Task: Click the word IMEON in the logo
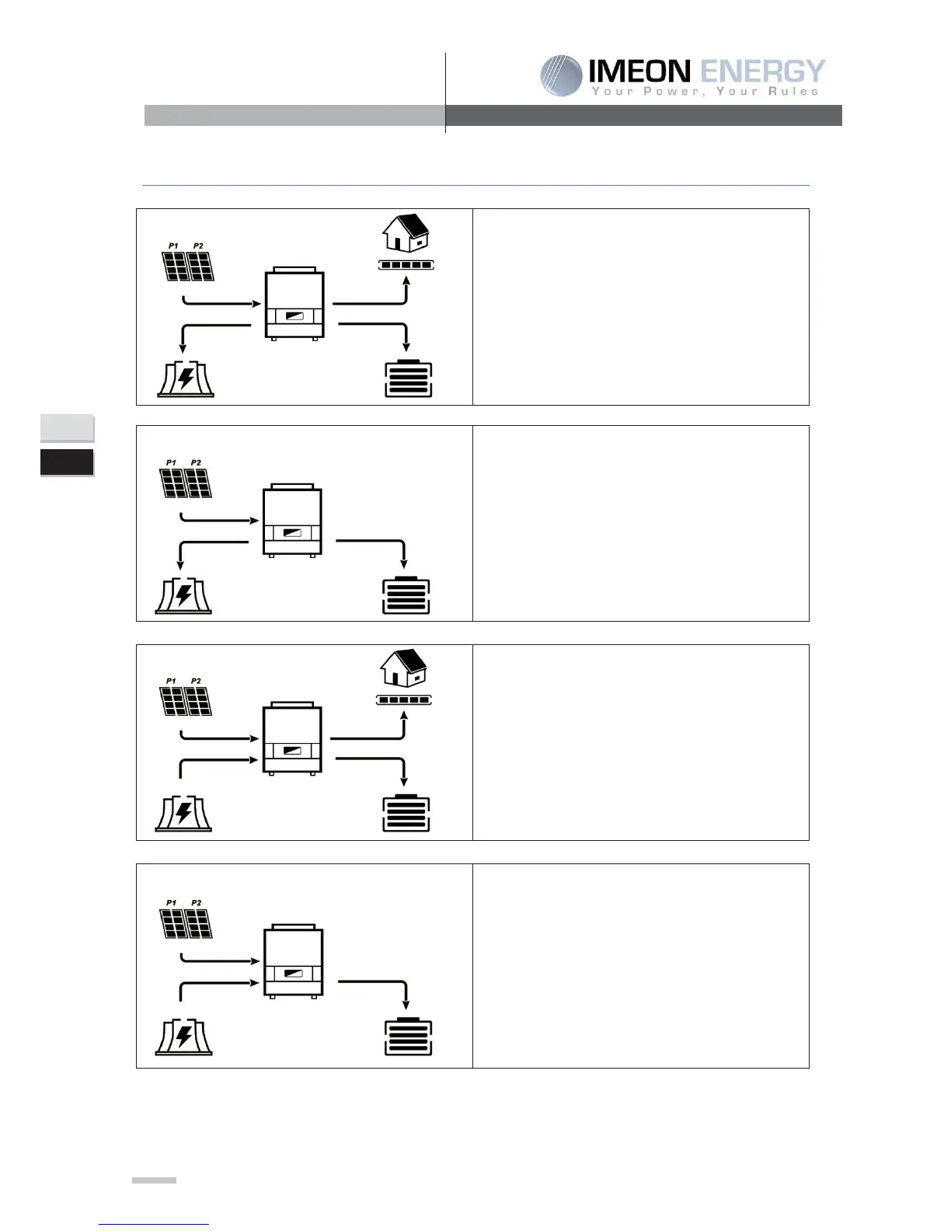pyautogui.click(x=639, y=71)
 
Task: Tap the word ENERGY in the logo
pyautogui.click(x=762, y=71)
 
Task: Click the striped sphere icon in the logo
pyautogui.click(x=561, y=75)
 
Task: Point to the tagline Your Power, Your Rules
pyautogui.click(x=705, y=92)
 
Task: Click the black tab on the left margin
pyautogui.click(x=67, y=462)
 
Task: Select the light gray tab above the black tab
pyautogui.click(x=67, y=428)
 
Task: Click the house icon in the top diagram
pyautogui.click(x=406, y=232)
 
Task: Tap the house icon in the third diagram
pyautogui.click(x=403, y=668)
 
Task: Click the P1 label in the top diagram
pyautogui.click(x=172, y=246)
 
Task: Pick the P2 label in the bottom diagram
pyautogui.click(x=197, y=903)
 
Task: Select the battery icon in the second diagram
pyautogui.click(x=406, y=595)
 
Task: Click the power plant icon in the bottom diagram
pyautogui.click(x=184, y=1037)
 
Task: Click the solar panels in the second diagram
pyautogui.click(x=186, y=483)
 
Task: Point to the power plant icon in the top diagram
pyautogui.click(x=186, y=378)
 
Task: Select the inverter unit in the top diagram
pyautogui.click(x=294, y=303)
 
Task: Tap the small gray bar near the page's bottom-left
pyautogui.click(x=154, y=1180)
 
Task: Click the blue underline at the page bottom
pyautogui.click(x=154, y=1224)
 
